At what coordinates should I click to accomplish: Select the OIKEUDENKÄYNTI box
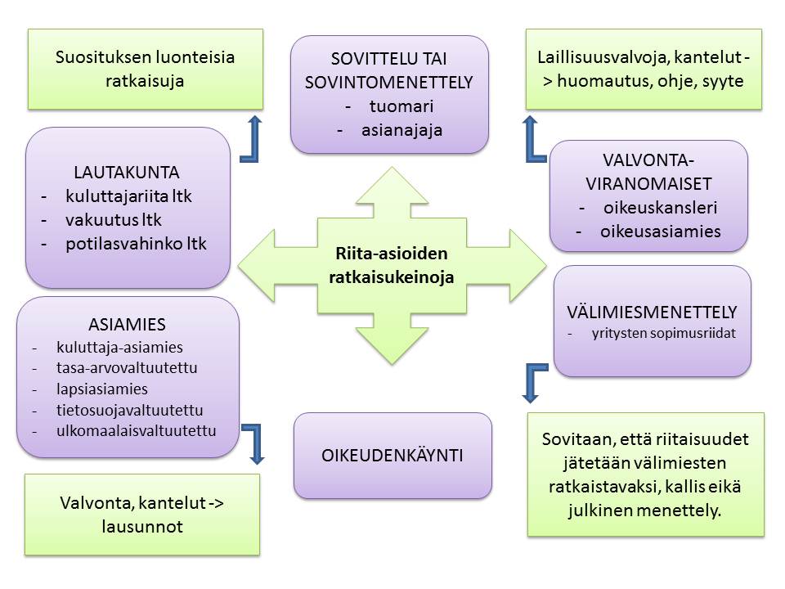pos(392,454)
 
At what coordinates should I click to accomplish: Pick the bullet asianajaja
pos(401,128)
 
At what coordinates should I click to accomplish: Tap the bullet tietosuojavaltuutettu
pos(129,410)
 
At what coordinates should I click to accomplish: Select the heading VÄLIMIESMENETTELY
pos(652,312)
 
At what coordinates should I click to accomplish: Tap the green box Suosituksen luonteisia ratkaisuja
pos(146,70)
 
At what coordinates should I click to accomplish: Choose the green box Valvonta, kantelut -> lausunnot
pos(142,515)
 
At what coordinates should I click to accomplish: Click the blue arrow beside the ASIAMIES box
pos(255,443)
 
